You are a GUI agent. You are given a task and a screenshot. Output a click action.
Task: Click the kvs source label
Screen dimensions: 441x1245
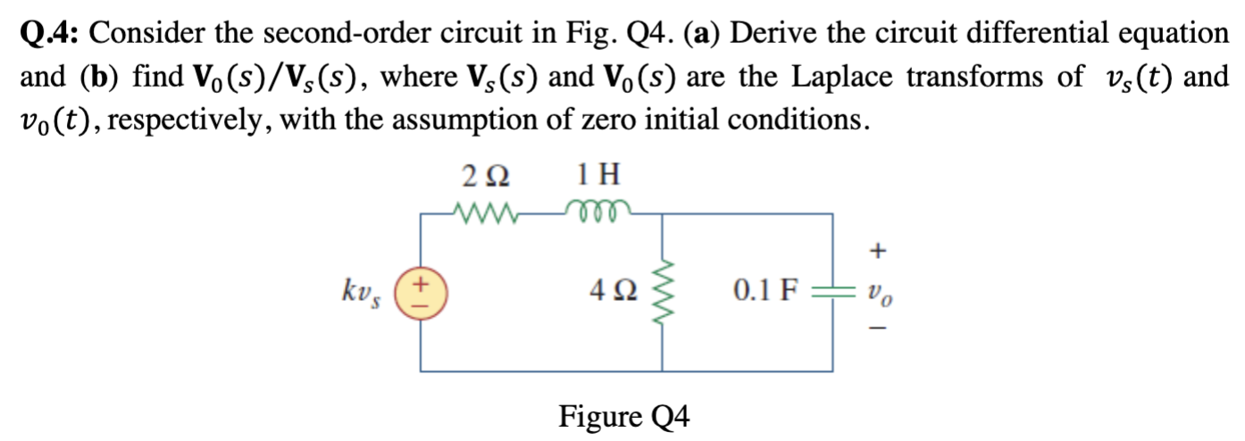(363, 291)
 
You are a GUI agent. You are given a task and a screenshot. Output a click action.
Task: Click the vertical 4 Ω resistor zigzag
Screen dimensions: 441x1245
(662, 291)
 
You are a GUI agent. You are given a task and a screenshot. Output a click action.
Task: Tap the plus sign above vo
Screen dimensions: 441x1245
(878, 253)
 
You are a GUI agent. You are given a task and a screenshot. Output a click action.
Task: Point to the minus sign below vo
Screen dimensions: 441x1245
(878, 331)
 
